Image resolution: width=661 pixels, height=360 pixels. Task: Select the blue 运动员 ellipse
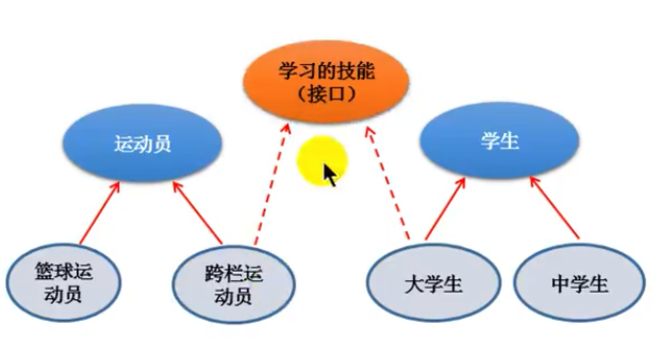142,143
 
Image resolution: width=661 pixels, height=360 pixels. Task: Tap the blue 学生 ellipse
499,141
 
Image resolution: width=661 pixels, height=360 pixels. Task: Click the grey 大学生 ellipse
433,283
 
